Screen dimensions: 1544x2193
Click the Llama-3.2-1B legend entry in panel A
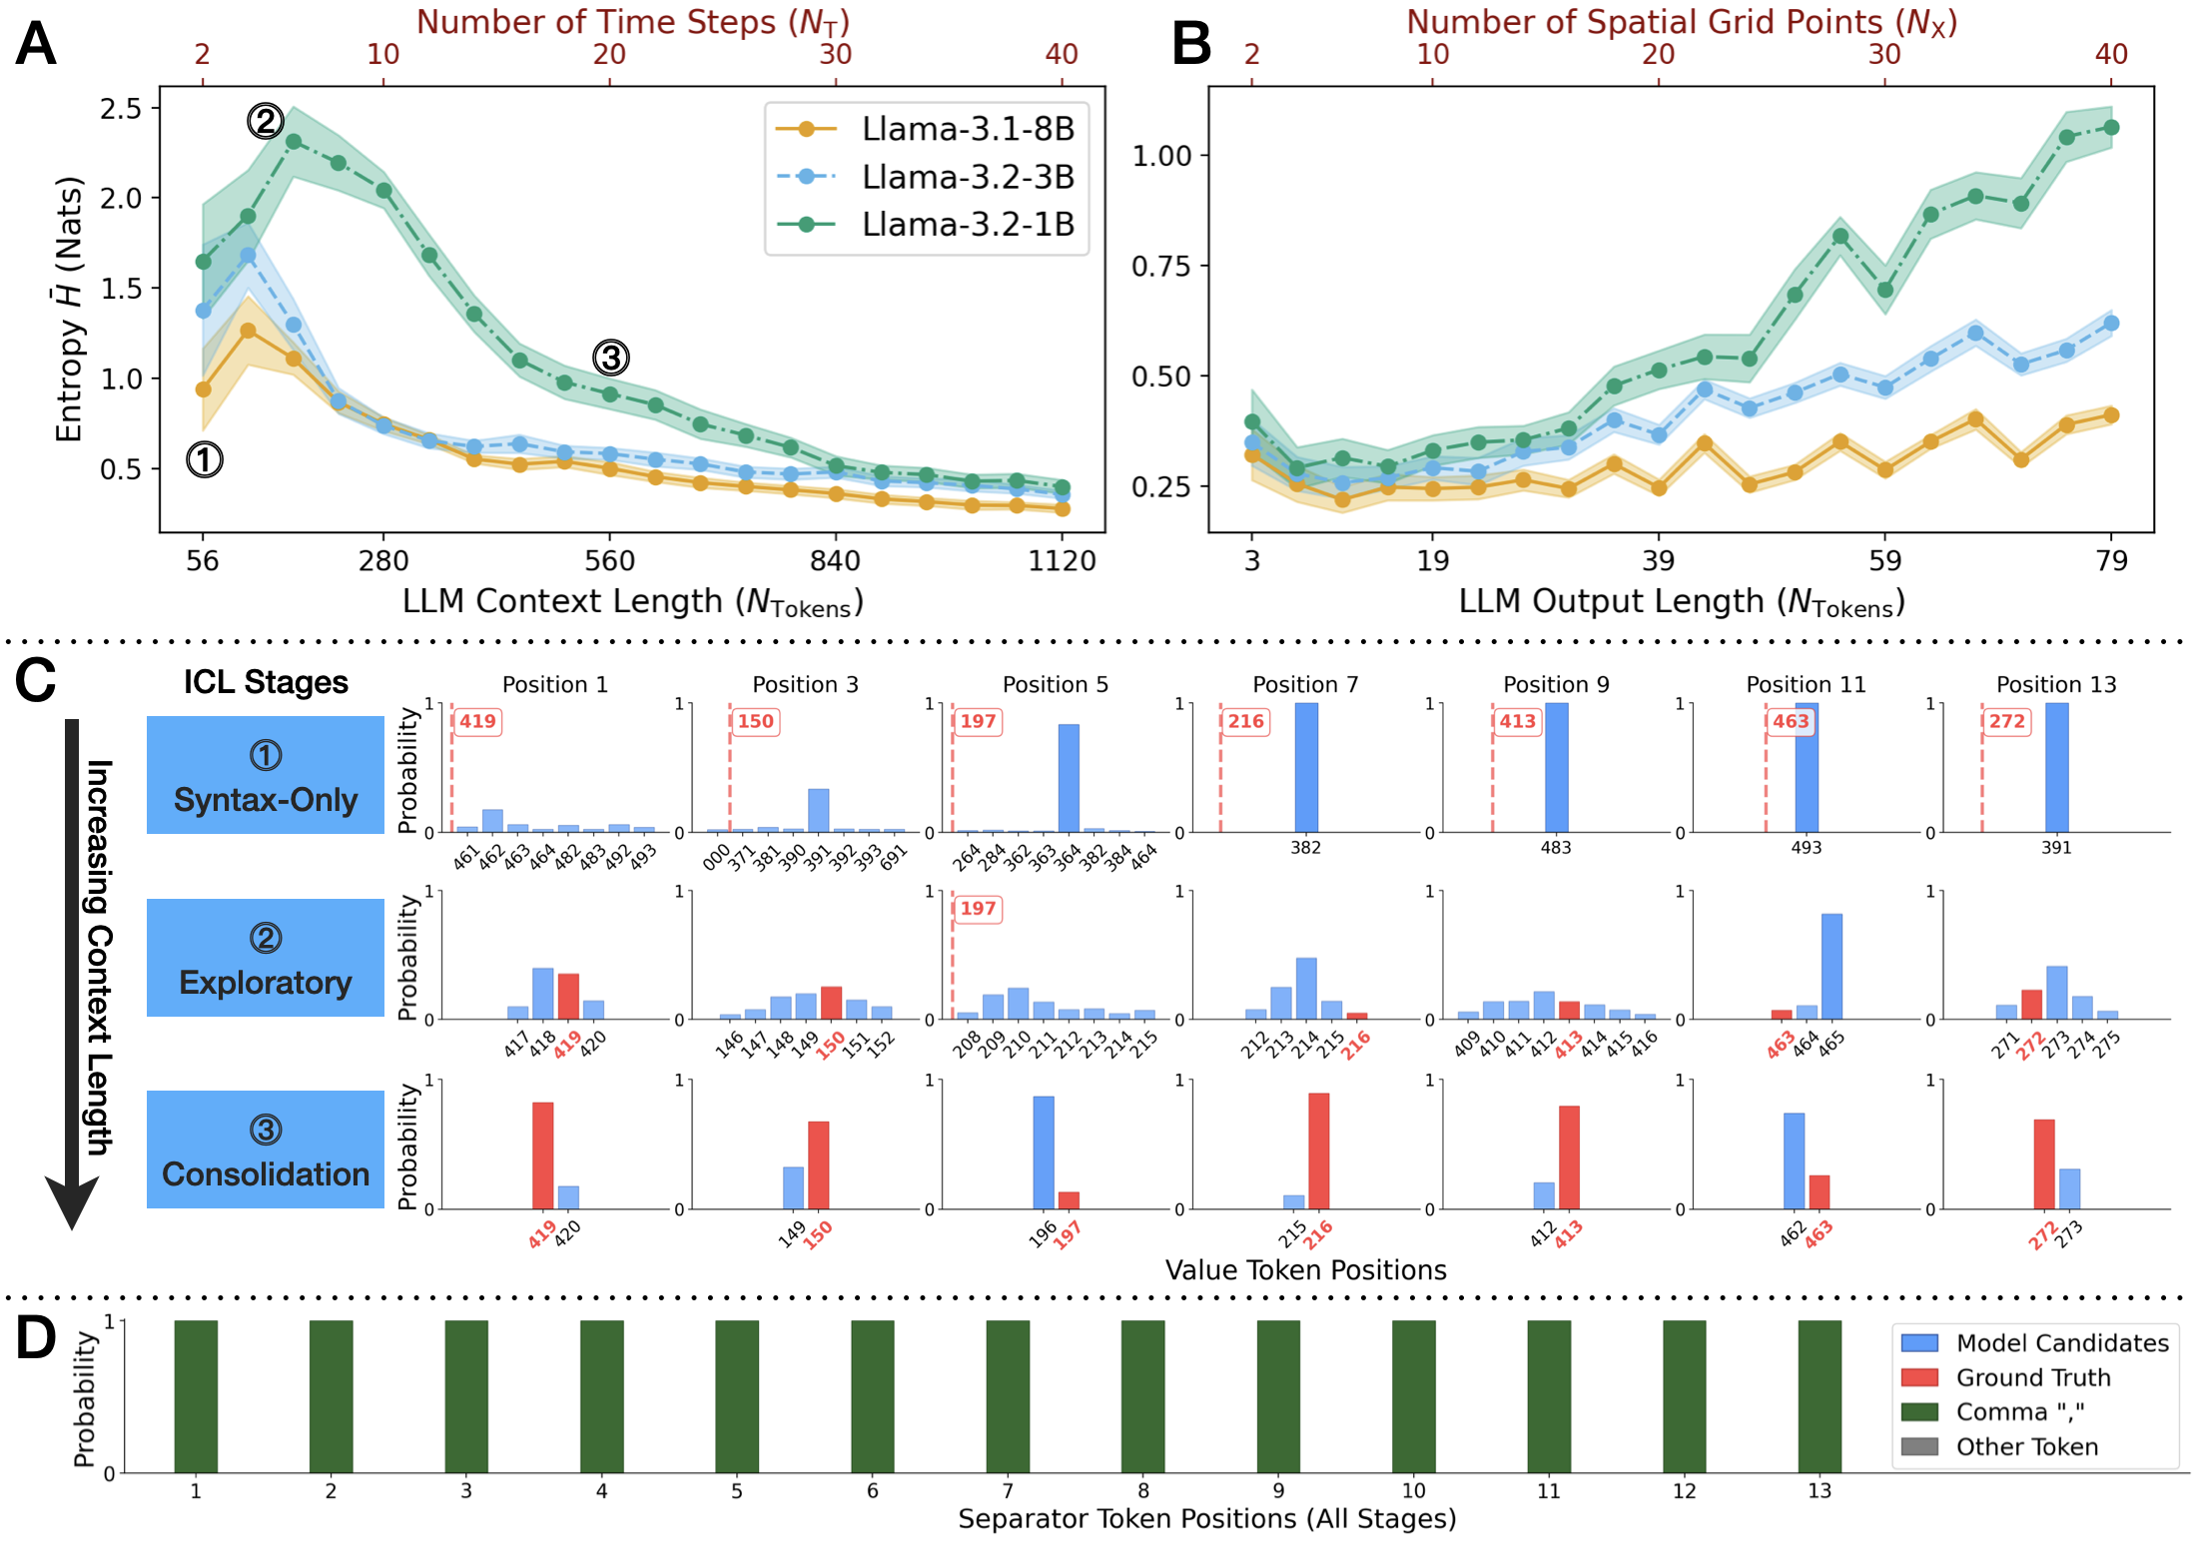(x=967, y=225)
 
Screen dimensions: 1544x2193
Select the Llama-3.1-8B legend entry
(x=967, y=129)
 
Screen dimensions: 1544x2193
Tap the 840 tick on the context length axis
(x=835, y=560)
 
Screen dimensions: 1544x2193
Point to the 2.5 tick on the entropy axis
(x=121, y=108)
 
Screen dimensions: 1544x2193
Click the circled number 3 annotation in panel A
(x=611, y=358)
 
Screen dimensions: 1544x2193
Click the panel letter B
(x=1190, y=45)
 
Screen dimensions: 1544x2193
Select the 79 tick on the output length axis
(x=2111, y=560)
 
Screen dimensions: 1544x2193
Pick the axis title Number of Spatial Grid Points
(x=1682, y=22)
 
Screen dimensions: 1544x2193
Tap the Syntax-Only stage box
(x=266, y=775)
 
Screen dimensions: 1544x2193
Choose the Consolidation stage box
(x=266, y=1150)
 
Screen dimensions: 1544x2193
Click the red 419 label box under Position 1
(x=477, y=721)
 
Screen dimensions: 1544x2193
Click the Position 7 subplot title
(x=1305, y=684)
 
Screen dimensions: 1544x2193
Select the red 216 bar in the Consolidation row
(x=1318, y=1151)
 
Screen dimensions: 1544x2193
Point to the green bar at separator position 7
(x=1008, y=1396)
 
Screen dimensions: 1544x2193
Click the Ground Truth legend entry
(x=2033, y=1378)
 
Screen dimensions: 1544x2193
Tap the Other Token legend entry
(x=2026, y=1447)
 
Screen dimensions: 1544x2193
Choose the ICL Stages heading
(x=266, y=682)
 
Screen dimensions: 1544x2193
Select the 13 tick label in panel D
(x=1820, y=1491)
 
